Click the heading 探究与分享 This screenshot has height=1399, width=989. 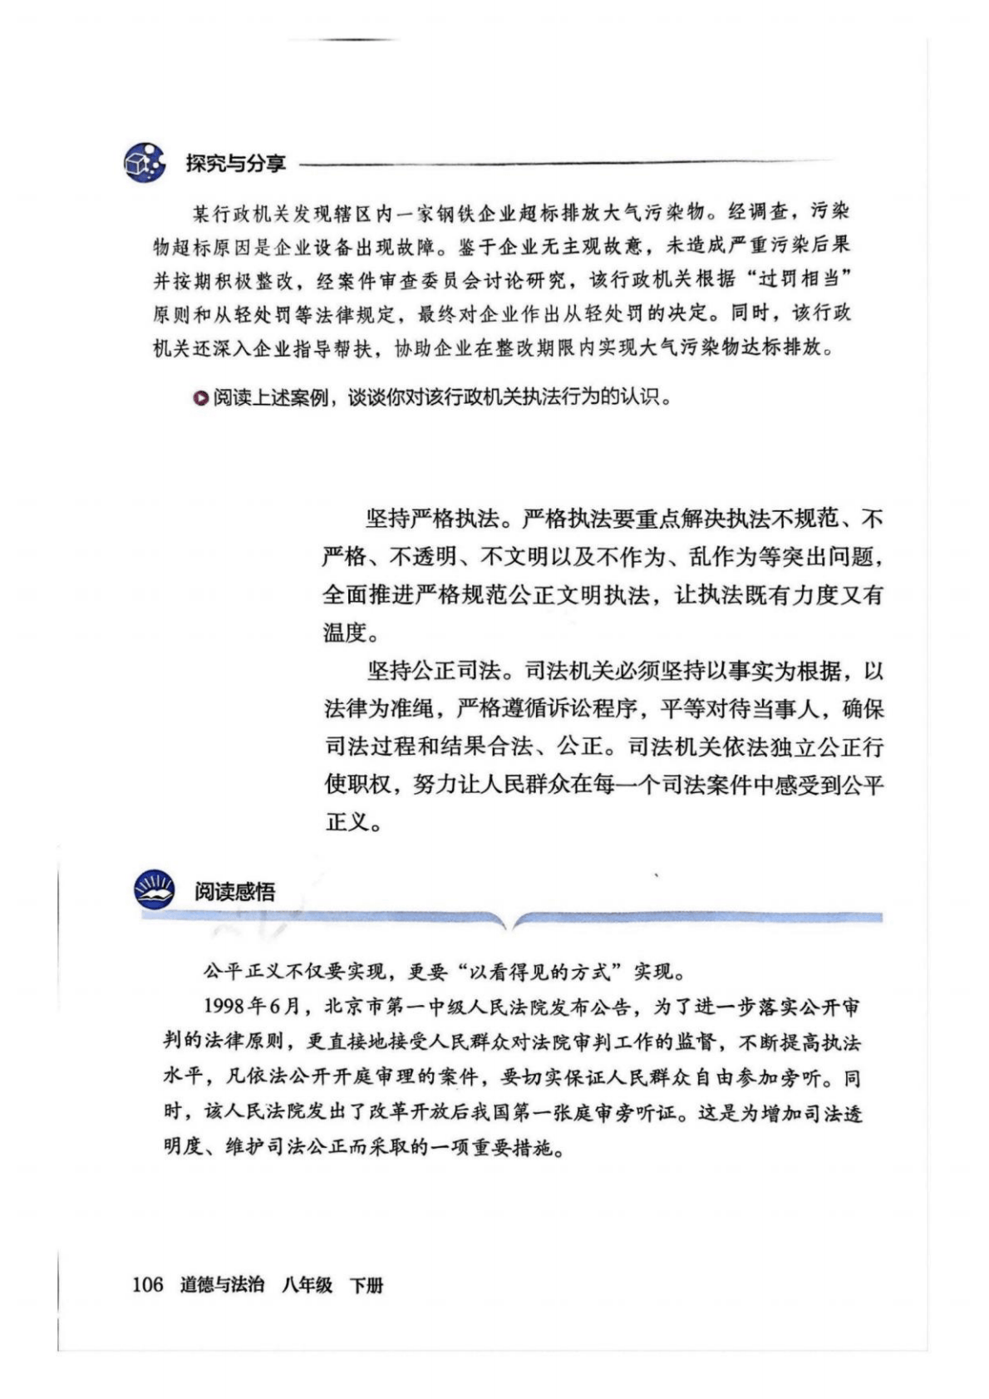(x=235, y=164)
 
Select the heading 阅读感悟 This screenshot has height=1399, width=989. (x=234, y=892)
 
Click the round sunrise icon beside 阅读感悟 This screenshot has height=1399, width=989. (x=155, y=889)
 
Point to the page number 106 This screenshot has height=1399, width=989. (x=147, y=1284)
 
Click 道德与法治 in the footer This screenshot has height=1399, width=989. (x=222, y=1284)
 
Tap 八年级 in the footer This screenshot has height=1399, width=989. (x=307, y=1284)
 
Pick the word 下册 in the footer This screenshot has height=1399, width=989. (x=366, y=1284)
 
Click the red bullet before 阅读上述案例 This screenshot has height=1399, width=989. (x=200, y=398)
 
